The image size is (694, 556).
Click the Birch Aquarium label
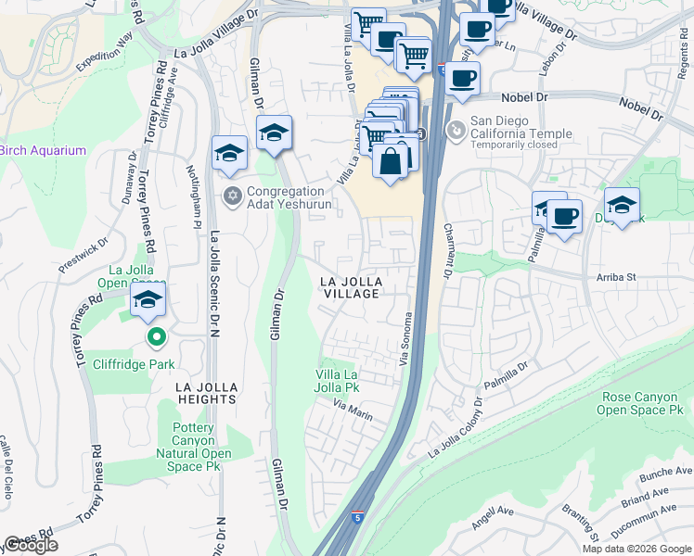tap(43, 151)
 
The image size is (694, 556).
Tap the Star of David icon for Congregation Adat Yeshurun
tap(233, 196)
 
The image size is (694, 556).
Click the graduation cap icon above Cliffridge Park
tap(148, 300)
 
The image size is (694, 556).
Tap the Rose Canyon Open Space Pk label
tap(639, 403)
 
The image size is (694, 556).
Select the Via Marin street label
tap(354, 411)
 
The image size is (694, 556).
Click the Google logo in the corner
tap(31, 545)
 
